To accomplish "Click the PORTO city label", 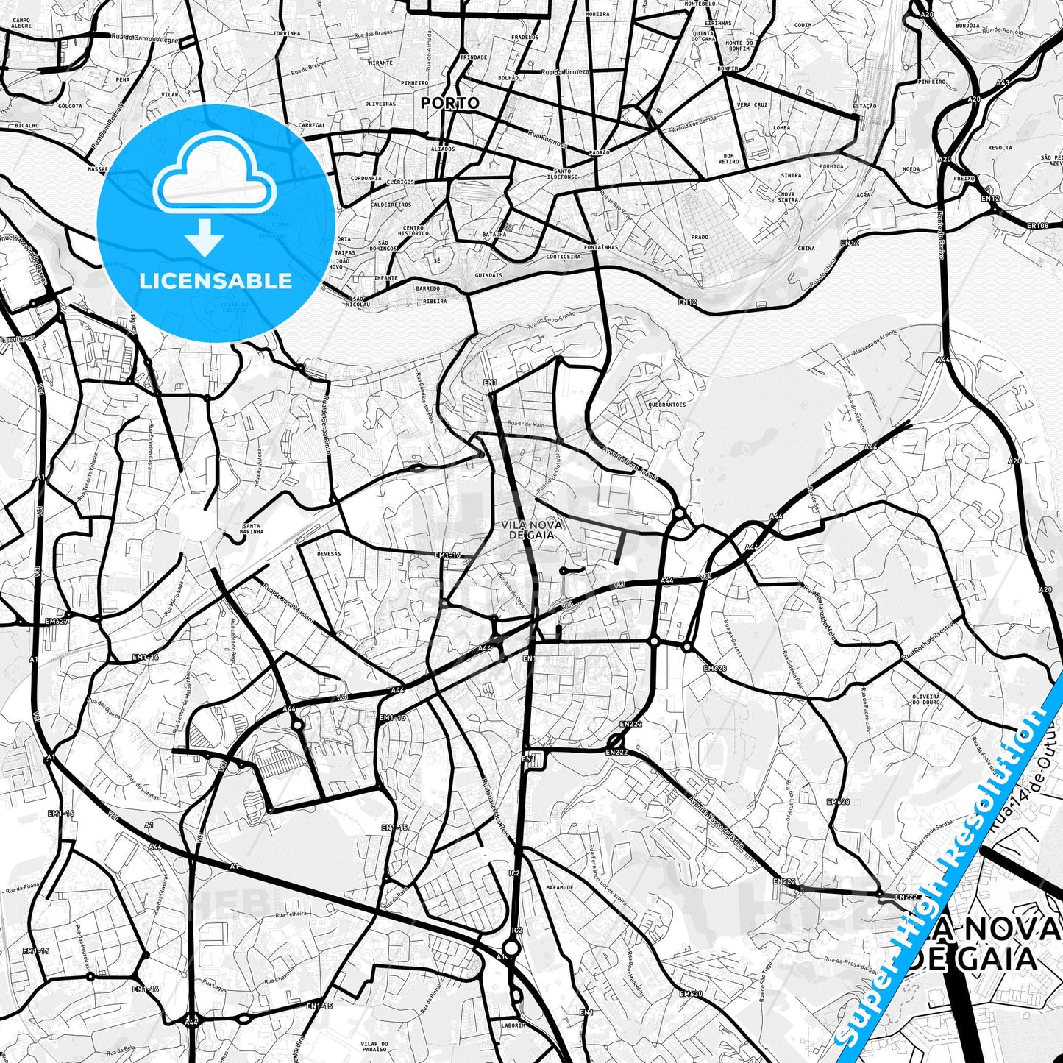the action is point(449,103).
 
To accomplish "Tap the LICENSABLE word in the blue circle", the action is point(216,281).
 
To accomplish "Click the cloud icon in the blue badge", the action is point(215,179).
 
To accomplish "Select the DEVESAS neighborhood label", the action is point(328,553).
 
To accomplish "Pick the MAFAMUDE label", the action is point(560,887).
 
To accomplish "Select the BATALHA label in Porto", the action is point(494,235).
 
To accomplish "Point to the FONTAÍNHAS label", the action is point(602,247).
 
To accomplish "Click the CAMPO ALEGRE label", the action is point(22,22).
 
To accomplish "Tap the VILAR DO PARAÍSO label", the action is point(374,1048).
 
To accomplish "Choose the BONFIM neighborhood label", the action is point(728,68).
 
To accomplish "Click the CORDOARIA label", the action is point(366,179).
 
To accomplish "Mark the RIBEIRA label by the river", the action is point(435,301).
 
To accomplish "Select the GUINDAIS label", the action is point(488,275).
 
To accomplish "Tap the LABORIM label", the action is point(513,1025).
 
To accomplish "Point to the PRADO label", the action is point(700,237).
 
